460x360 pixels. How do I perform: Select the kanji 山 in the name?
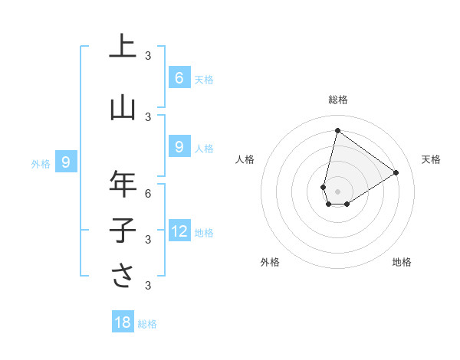[x=123, y=108]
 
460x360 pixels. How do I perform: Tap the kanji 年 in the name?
[x=123, y=184]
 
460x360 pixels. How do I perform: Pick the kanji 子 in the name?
[x=123, y=230]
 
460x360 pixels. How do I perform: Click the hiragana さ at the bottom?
[x=123, y=276]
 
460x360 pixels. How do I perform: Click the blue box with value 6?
[x=179, y=77]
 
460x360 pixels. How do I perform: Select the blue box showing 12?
[x=179, y=231]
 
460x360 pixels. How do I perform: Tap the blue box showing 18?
[x=123, y=322]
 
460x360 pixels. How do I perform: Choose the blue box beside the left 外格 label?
[x=66, y=162]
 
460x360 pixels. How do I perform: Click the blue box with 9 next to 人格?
[x=179, y=147]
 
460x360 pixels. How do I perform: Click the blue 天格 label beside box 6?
[x=203, y=79]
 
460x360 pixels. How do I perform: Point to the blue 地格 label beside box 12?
[x=204, y=233]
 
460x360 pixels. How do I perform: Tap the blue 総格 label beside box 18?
[x=147, y=324]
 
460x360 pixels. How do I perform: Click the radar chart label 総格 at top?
[x=337, y=100]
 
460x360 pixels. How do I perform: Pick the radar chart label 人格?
[x=245, y=159]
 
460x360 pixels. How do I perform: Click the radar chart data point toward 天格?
[x=396, y=172]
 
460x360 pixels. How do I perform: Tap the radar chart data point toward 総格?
[x=337, y=131]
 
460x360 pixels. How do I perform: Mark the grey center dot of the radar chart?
[x=337, y=191]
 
